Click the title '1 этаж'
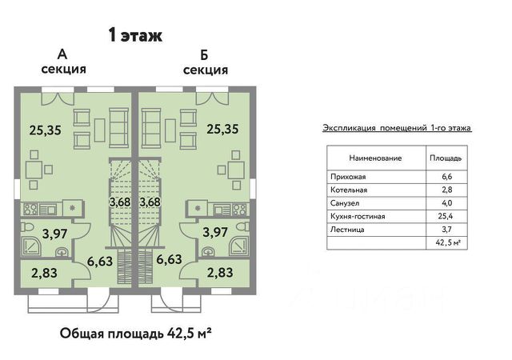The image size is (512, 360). (134, 35)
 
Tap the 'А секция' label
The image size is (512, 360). (62, 62)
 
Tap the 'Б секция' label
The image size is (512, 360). (205, 62)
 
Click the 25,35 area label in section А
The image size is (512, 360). (46, 128)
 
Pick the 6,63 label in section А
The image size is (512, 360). (99, 260)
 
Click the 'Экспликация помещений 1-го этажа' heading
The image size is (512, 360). (397, 127)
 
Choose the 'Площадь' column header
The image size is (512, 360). (445, 158)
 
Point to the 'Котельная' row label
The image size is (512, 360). (348, 190)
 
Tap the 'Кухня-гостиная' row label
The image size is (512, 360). (357, 216)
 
